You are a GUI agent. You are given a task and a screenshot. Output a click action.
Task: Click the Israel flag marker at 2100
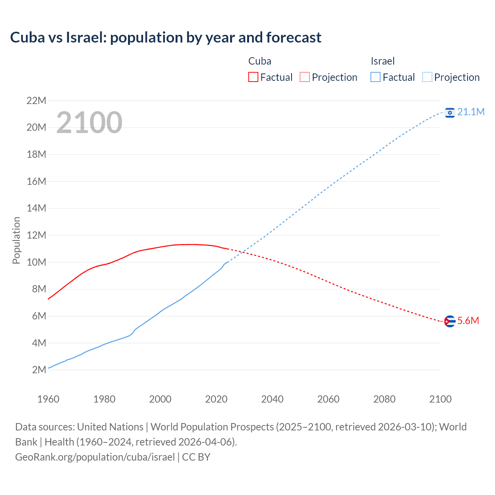(x=449, y=113)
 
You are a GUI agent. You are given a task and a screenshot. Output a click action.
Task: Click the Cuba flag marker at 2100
(x=449, y=321)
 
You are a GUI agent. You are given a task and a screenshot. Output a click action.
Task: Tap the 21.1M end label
(x=471, y=112)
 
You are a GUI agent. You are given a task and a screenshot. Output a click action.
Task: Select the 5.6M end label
(x=468, y=321)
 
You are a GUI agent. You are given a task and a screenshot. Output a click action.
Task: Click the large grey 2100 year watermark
(x=89, y=123)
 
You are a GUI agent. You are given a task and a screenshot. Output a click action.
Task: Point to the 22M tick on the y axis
(x=36, y=101)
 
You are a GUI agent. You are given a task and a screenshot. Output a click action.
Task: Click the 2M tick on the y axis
(x=39, y=370)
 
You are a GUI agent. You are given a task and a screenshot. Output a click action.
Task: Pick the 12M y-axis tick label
(x=36, y=235)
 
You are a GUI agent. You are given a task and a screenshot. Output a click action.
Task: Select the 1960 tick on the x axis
(x=48, y=399)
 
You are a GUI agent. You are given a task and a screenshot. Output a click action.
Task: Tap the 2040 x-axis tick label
(x=272, y=399)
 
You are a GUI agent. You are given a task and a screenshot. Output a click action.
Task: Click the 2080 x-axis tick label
(x=384, y=399)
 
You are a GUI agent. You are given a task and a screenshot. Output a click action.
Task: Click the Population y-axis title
(x=16, y=240)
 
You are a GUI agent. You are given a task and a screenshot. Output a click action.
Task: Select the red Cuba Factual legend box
(x=253, y=77)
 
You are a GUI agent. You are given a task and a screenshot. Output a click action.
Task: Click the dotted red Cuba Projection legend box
(x=305, y=77)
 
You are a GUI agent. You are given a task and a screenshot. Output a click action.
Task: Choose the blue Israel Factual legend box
(x=376, y=77)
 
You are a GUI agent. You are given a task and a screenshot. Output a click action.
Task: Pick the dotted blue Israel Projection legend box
(x=427, y=77)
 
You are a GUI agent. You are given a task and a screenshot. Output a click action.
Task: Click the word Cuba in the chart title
(x=27, y=38)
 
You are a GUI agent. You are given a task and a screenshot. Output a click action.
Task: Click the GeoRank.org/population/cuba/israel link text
(x=95, y=457)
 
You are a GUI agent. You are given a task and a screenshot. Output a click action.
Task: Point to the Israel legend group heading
(x=382, y=61)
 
